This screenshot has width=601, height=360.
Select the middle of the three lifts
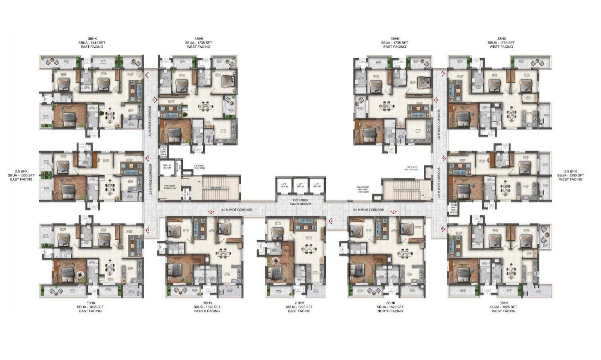[300, 185]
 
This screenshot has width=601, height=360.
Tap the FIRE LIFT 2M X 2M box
[167, 167]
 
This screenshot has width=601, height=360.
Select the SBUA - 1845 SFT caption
[90, 43]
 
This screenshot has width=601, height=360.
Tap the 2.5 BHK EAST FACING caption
[21, 175]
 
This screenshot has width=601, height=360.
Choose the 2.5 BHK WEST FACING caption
[570, 175]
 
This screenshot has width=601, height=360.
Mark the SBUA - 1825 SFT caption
[503, 307]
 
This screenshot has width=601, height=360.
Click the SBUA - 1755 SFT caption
[501, 43]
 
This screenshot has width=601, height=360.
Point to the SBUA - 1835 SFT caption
[90, 307]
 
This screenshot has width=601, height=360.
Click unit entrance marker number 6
[331, 221]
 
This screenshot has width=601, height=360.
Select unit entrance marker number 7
[393, 212]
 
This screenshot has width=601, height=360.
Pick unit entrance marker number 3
[148, 158]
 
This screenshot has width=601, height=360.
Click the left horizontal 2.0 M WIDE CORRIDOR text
[236, 210]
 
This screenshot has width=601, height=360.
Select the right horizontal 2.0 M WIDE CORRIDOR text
[368, 210]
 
